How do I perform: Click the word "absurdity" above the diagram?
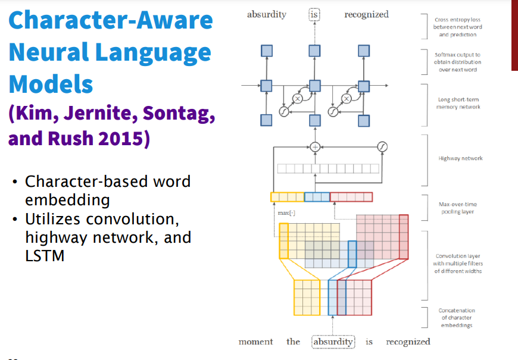tap(266, 14)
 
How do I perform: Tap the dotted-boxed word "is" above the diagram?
tap(314, 14)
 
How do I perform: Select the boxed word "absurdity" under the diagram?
tap(333, 342)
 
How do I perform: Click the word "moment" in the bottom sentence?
tap(255, 342)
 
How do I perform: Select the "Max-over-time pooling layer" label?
tap(457, 208)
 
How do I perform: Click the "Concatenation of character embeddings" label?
tap(457, 318)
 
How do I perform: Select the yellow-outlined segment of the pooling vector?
tap(287, 197)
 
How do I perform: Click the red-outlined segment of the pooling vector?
tap(351, 197)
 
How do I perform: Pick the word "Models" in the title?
tap(51, 84)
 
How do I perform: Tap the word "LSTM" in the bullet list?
tap(45, 256)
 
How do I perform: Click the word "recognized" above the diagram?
tap(366, 14)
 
